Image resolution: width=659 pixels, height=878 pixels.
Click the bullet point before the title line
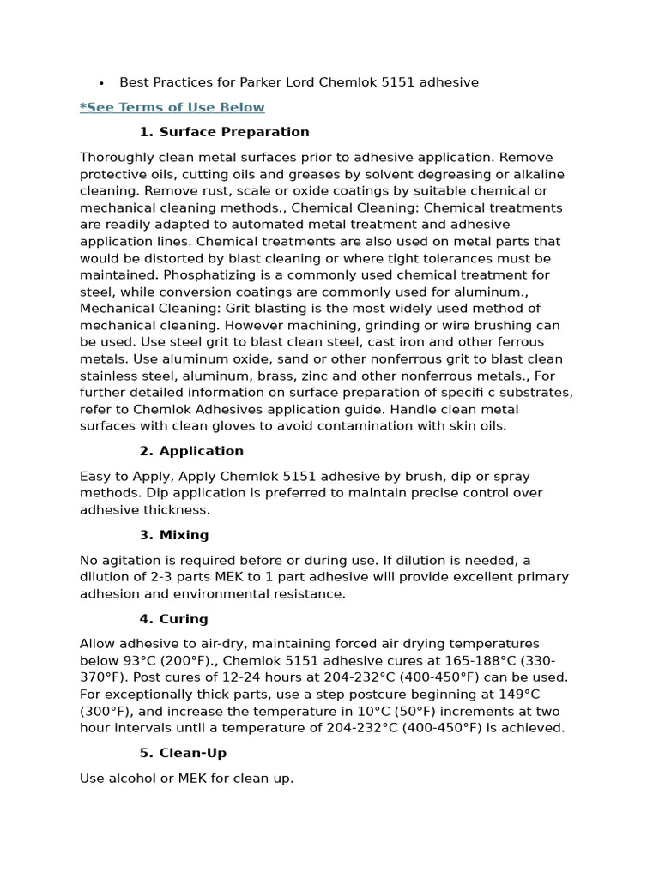coord(101,83)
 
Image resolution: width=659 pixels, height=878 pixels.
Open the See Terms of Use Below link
coord(172,107)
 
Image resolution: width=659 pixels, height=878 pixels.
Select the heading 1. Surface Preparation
coord(224,132)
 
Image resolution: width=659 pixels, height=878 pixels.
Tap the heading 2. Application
coord(191,451)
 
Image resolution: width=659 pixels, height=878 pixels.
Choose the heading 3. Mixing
coord(174,535)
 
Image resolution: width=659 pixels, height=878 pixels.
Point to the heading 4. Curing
coord(173,619)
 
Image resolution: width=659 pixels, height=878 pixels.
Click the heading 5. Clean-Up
coord(183,753)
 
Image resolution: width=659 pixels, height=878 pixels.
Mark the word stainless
coord(110,376)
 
